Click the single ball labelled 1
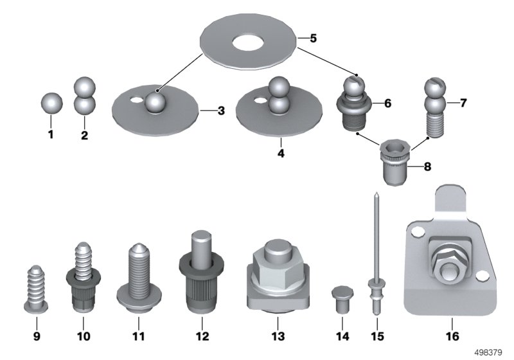pos(51,103)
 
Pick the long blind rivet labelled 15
pos(376,257)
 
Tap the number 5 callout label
pos(313,39)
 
